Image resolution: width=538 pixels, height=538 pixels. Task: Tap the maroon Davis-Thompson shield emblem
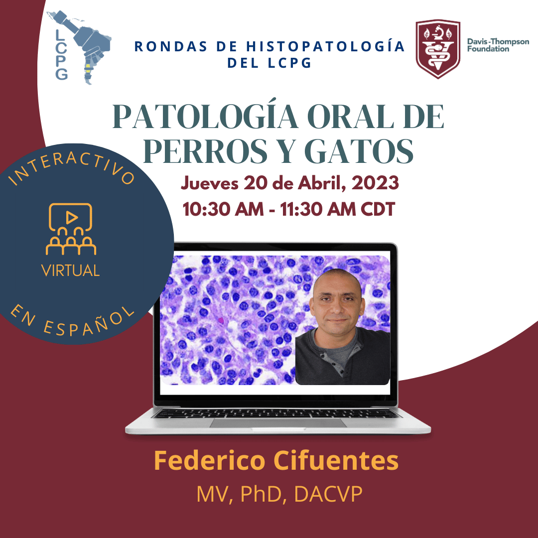click(x=438, y=49)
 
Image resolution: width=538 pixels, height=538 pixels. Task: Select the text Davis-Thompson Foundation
click(x=498, y=45)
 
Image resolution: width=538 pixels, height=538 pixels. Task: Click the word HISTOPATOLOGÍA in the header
click(x=325, y=47)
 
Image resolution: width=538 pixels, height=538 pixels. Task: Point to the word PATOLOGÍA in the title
click(x=205, y=117)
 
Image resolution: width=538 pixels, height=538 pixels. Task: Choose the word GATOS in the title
click(x=359, y=151)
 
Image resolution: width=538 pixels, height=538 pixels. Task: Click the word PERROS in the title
click(x=205, y=151)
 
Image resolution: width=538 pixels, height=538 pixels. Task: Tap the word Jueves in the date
click(x=209, y=183)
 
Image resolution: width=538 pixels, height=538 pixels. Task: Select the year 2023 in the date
click(x=375, y=182)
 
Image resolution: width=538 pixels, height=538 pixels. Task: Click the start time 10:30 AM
click(x=223, y=209)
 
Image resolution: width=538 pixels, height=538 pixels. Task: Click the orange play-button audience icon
click(x=71, y=229)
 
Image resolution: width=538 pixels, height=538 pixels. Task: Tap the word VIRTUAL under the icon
click(x=70, y=270)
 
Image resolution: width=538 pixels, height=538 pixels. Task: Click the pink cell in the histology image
click(x=221, y=320)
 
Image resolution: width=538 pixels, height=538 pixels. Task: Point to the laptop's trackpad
click(x=278, y=423)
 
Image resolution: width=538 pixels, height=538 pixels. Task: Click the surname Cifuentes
click(x=336, y=460)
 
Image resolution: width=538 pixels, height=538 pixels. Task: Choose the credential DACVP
click(x=328, y=495)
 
